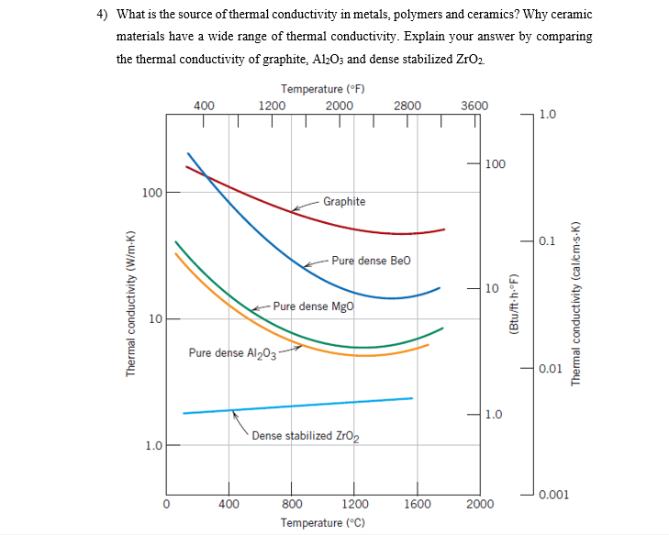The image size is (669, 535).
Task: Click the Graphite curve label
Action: point(343,202)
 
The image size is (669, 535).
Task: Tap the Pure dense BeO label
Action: point(371,261)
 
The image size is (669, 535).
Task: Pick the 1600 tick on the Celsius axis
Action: point(417,504)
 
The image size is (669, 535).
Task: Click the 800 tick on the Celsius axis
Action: point(292,504)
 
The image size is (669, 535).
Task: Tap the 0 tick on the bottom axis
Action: point(167,504)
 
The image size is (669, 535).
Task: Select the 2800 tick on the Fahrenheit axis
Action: point(407,106)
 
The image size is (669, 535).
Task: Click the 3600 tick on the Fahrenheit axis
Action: point(474,106)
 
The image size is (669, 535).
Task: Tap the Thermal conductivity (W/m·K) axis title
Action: point(130,303)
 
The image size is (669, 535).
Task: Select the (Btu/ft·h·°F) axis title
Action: point(514,303)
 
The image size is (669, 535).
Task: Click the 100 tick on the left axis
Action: point(151,193)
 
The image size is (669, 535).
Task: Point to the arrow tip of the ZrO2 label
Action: point(234,412)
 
